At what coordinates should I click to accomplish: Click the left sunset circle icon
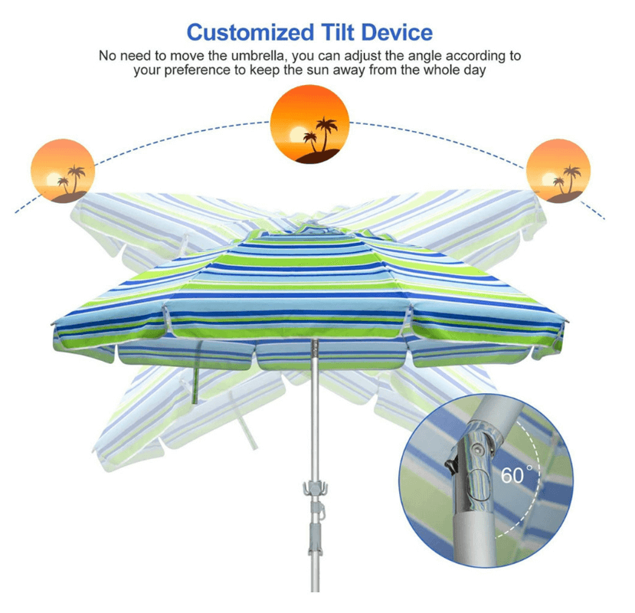[x=63, y=171]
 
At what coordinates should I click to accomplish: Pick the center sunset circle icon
[x=311, y=123]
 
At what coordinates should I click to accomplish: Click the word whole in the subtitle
[x=442, y=70]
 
